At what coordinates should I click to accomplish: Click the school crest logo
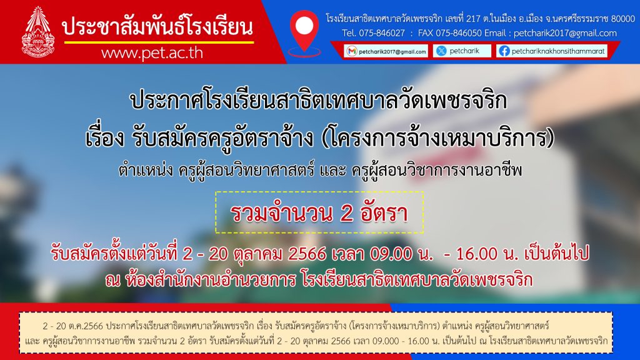pos(38,31)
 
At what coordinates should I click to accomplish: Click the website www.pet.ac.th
pos(152,53)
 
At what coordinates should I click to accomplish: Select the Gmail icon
pos(351,51)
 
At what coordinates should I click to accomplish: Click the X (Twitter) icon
pos(441,51)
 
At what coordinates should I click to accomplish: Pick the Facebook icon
pos(504,51)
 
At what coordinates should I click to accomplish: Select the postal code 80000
pos(623,18)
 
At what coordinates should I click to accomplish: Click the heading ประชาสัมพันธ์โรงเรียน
pos(157,27)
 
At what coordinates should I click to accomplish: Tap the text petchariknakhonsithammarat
pos(558,51)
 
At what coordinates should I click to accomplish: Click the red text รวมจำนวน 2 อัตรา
pos(319,213)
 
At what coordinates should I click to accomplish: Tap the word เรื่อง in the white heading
pos(104,137)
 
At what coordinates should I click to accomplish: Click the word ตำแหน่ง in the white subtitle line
pos(146,170)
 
